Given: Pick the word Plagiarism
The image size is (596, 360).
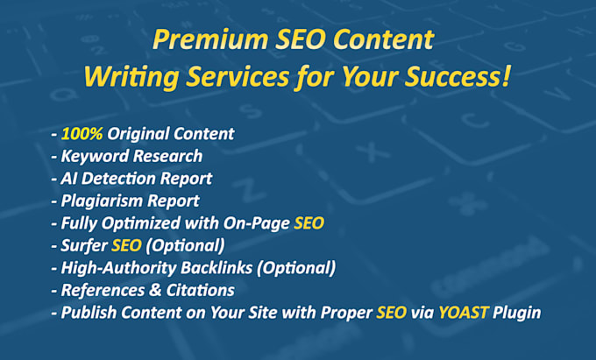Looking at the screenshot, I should (100, 201).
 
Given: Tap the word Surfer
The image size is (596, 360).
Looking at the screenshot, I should (85, 245).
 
